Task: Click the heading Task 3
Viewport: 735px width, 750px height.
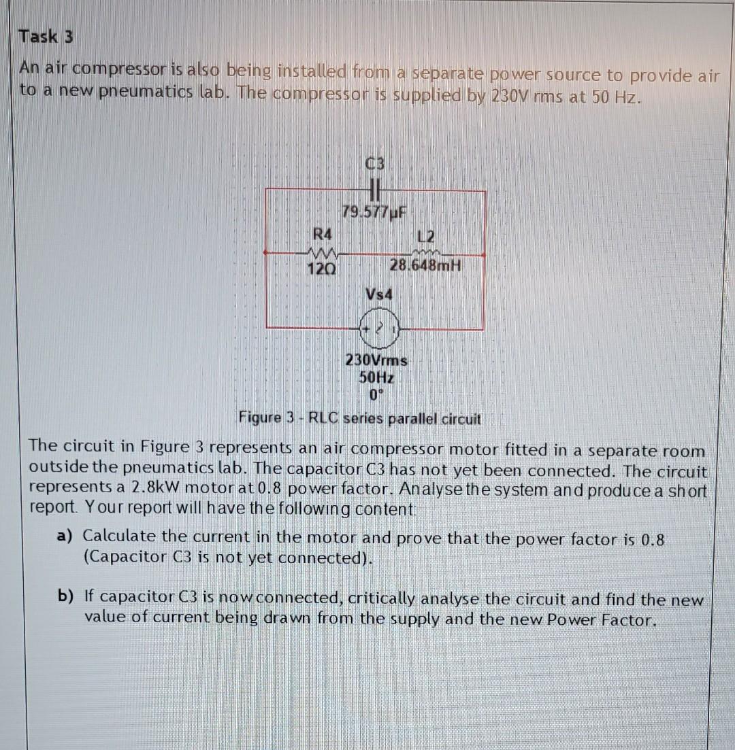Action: click(x=46, y=37)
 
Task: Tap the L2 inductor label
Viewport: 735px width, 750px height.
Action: click(x=427, y=237)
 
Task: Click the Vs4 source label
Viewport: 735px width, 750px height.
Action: click(x=379, y=294)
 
